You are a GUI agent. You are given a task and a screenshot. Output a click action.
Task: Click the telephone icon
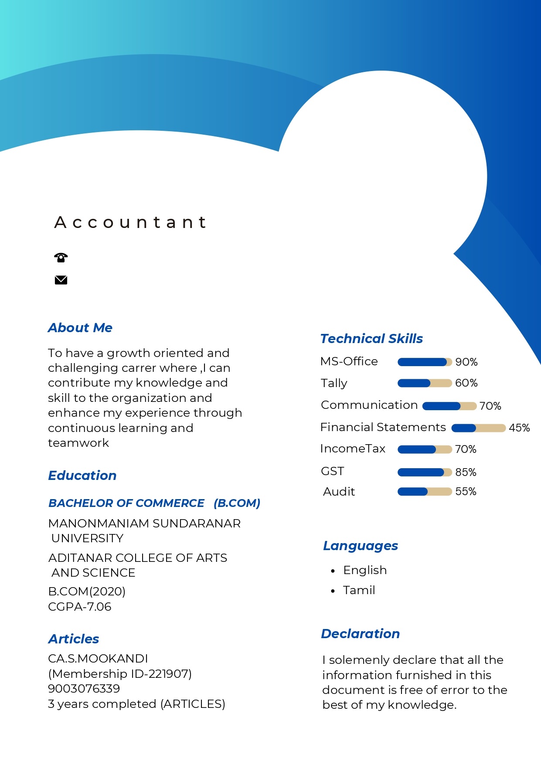(61, 258)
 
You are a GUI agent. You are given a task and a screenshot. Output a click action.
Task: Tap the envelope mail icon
(61, 280)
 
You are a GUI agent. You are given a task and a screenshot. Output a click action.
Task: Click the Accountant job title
(130, 222)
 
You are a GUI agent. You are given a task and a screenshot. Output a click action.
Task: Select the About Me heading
(80, 328)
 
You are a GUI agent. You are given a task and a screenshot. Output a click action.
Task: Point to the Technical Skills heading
(371, 339)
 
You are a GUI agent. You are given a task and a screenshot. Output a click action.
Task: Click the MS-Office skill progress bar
(425, 362)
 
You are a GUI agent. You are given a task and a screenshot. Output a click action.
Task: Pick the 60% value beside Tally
(466, 383)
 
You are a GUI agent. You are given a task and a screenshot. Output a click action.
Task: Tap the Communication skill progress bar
(449, 406)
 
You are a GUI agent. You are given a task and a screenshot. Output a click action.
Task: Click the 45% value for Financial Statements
(519, 428)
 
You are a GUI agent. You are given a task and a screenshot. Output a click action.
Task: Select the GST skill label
(333, 471)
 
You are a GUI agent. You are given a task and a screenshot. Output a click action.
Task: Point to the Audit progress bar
(425, 492)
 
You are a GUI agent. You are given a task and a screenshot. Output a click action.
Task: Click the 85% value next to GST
(466, 472)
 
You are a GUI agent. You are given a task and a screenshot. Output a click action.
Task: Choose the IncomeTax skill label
(353, 449)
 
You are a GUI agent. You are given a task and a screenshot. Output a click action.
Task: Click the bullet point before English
(333, 571)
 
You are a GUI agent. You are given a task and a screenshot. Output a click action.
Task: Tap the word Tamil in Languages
(359, 590)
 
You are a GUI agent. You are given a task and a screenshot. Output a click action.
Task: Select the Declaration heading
(361, 634)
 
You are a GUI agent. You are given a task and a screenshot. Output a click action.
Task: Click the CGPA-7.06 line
(80, 607)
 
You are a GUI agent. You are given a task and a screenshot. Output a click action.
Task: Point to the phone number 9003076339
(84, 689)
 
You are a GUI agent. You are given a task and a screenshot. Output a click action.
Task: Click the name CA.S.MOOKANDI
(98, 659)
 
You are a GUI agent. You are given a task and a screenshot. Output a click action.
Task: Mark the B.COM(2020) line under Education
(87, 592)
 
